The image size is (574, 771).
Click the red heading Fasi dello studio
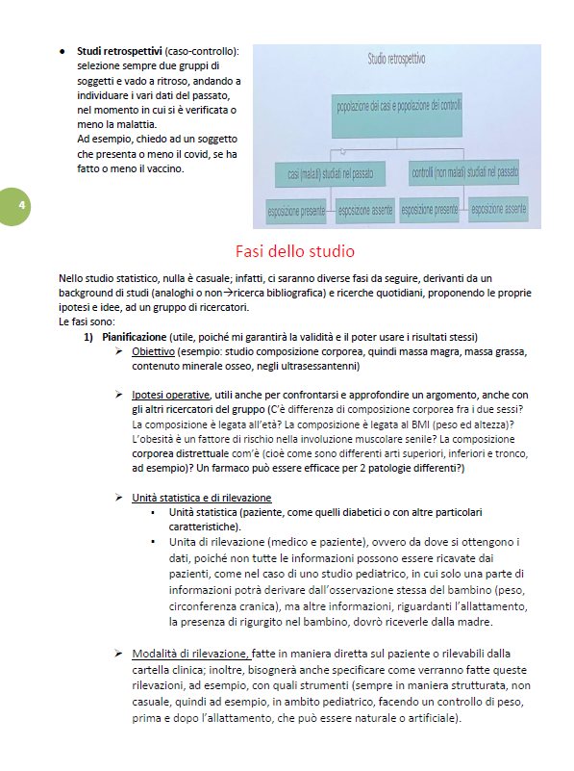coord(287,252)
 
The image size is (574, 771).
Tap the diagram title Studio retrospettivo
coord(396,60)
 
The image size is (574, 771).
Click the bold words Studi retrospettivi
coord(119,50)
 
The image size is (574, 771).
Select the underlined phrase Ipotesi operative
coord(171,395)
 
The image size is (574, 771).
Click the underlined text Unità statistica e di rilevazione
coord(201,498)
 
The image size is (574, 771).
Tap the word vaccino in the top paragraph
coord(161,170)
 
